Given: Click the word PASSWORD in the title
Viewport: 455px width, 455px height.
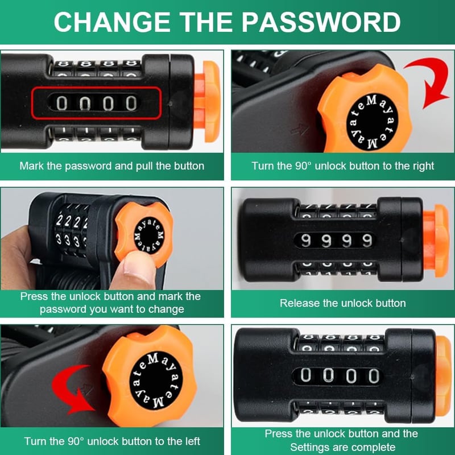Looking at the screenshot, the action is pos(321,22).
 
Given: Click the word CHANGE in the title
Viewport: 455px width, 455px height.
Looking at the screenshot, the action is pos(112,22).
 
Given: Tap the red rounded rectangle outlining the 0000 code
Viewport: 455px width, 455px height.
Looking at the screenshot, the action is pos(96,87).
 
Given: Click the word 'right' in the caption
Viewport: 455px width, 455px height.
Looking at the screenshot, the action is pos(423,166).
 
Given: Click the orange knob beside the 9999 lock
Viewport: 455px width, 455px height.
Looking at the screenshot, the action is pos(436,241).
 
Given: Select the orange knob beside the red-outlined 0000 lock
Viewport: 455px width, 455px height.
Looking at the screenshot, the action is pos(207,102).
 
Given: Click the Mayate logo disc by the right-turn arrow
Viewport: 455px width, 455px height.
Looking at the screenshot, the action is pos(373,122).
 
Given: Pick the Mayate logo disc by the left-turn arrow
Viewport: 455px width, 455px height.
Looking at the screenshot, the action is pos(156,380).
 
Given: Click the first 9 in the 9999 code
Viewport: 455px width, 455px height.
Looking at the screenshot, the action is pos(305,241).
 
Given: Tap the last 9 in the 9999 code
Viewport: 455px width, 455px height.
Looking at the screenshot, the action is pos(367,241).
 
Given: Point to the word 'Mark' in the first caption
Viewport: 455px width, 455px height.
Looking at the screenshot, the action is pos(32,166).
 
